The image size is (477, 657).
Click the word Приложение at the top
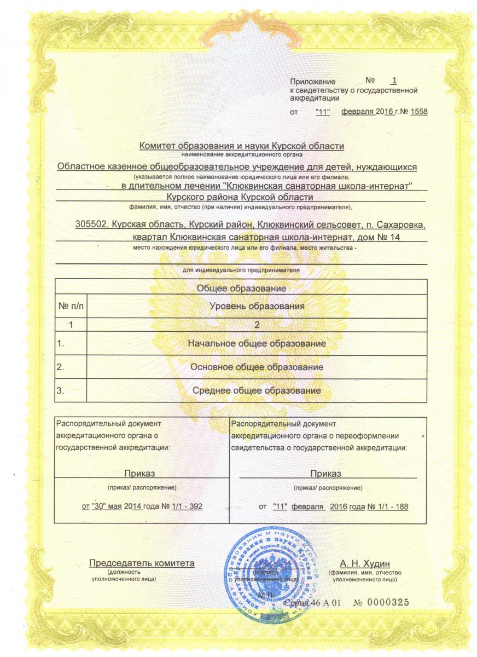point(312,81)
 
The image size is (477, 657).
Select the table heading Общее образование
point(241,287)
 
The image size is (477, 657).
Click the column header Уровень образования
point(257,307)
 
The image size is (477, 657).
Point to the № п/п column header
point(72,307)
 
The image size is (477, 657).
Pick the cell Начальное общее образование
point(257,343)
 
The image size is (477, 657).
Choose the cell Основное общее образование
point(257,367)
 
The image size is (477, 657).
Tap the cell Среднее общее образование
point(257,390)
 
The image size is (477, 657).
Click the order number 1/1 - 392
point(187,506)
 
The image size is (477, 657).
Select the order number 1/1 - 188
point(391,506)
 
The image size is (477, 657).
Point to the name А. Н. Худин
point(365,564)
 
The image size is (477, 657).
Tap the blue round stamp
point(272,569)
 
